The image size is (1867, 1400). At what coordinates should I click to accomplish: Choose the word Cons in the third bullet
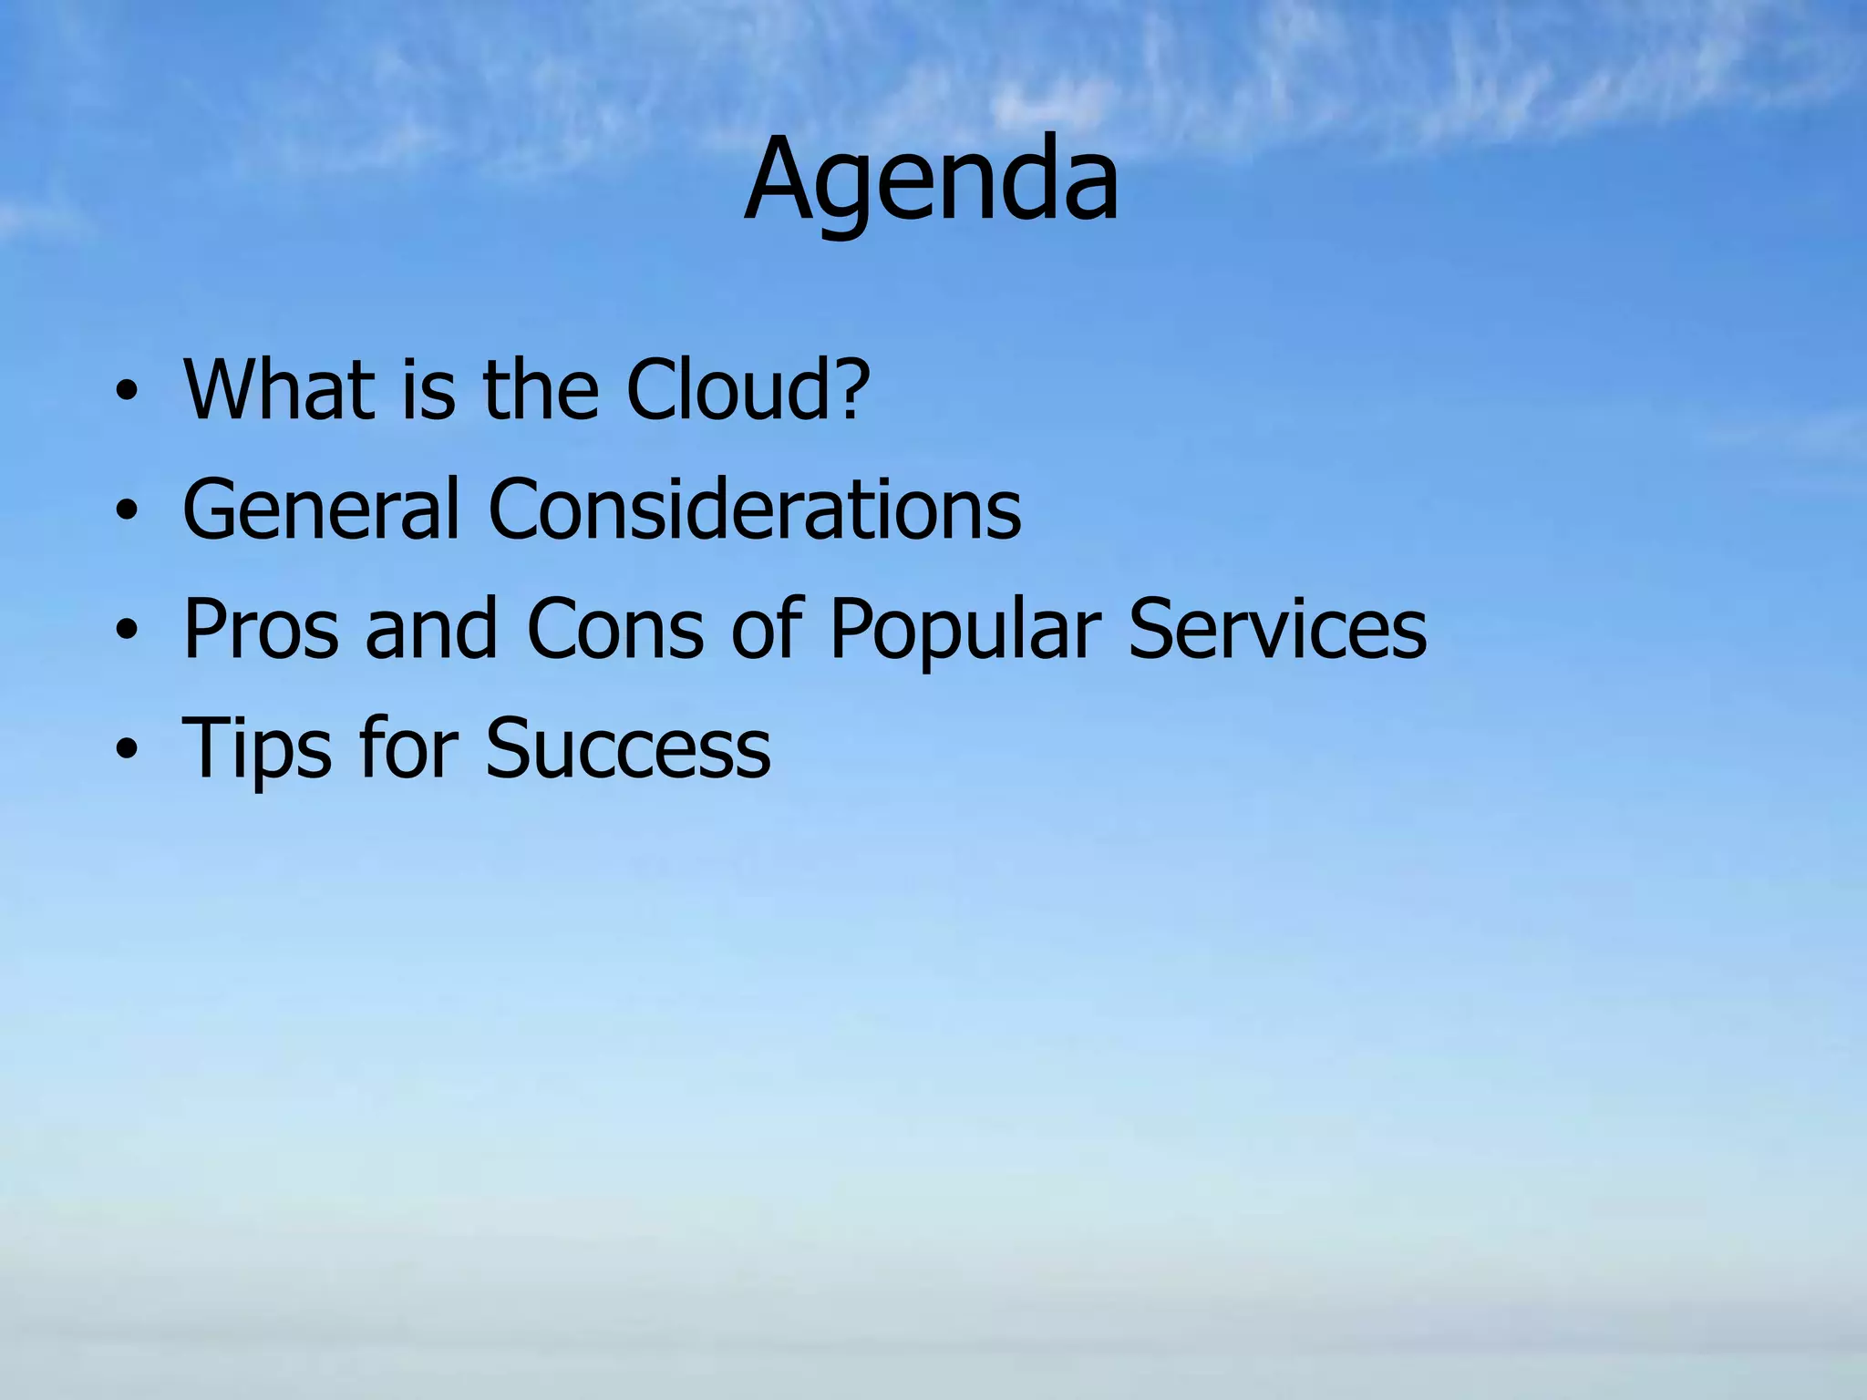(x=614, y=630)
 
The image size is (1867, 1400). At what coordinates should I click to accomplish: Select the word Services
(x=1277, y=630)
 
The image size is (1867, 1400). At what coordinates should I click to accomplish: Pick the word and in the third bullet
(x=431, y=630)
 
